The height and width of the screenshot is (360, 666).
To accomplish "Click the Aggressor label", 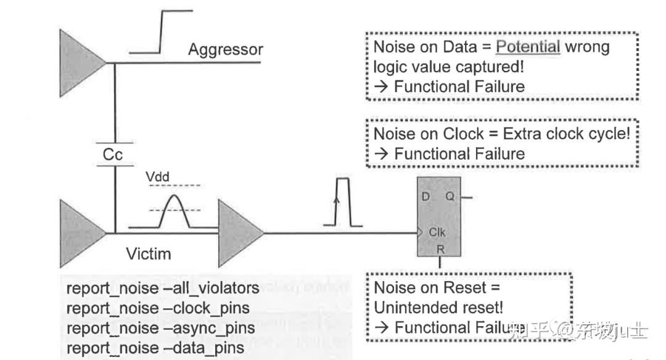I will tap(225, 49).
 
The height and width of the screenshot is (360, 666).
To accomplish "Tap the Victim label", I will tap(149, 253).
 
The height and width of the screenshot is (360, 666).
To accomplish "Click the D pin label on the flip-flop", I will tap(425, 197).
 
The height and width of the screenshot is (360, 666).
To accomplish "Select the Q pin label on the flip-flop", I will tap(450, 197).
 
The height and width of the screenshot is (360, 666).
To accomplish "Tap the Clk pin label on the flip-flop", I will tap(437, 233).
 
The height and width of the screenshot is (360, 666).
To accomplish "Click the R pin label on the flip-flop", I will tap(440, 249).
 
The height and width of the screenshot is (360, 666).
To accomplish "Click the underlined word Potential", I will tap(528, 47).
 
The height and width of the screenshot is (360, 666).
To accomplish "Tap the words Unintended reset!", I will tap(438, 307).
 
